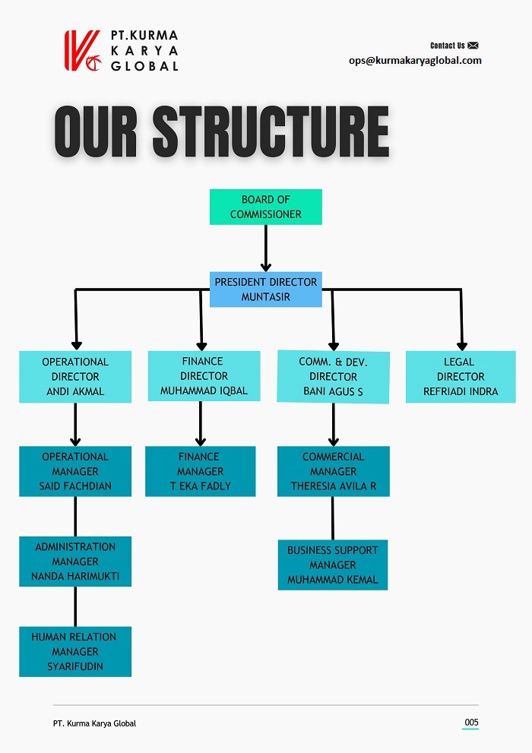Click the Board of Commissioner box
265,207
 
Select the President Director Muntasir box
265,289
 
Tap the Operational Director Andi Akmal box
75,376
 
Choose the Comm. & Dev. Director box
333,377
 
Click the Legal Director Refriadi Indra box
461,377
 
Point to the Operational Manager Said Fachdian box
75,471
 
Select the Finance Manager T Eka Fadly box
200,471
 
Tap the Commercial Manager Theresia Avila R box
333,471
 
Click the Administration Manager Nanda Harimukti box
75,562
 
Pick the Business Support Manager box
333,565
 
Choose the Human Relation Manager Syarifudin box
75,651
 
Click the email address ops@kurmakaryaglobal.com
415,61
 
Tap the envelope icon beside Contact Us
473,46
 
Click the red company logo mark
82,51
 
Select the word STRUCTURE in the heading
271,132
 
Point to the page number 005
471,722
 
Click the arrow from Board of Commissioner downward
265,247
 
